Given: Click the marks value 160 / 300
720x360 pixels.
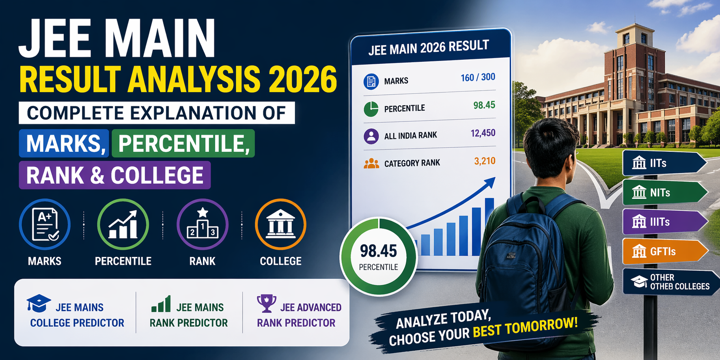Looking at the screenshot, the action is [478, 77].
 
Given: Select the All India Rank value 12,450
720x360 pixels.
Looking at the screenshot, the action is [483, 133].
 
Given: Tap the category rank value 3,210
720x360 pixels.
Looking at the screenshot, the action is [485, 161].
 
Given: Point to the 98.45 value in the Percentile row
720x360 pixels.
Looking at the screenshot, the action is [484, 105].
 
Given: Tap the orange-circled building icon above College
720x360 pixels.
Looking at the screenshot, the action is [280, 224].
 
